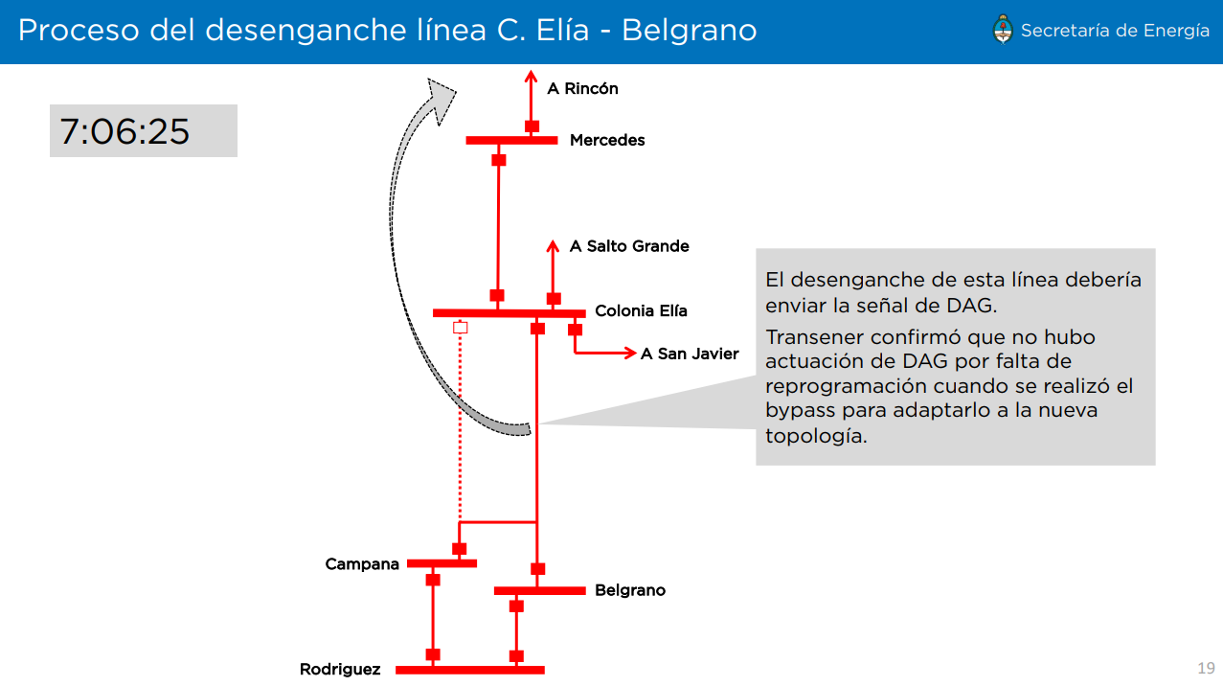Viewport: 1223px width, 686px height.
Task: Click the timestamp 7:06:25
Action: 125,131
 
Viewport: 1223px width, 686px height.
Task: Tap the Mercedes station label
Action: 607,140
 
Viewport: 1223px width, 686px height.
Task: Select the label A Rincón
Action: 582,89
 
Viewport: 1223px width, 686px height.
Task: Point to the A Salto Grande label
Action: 629,246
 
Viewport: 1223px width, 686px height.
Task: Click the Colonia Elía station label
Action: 641,310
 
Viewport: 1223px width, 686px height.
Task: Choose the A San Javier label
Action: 690,354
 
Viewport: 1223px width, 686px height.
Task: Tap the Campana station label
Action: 362,564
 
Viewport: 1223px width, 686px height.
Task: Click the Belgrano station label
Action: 630,590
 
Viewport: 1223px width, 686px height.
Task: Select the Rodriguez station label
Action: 340,670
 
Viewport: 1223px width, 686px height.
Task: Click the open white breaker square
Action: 460,328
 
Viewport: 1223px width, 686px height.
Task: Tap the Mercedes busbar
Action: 511,141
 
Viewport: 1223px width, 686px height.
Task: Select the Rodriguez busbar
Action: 469,670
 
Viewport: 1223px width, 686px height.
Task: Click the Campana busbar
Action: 442,563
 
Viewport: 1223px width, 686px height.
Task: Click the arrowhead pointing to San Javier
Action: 630,354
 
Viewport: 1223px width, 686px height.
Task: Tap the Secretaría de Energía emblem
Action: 1003,30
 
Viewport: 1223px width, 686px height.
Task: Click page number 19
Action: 1205,668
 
